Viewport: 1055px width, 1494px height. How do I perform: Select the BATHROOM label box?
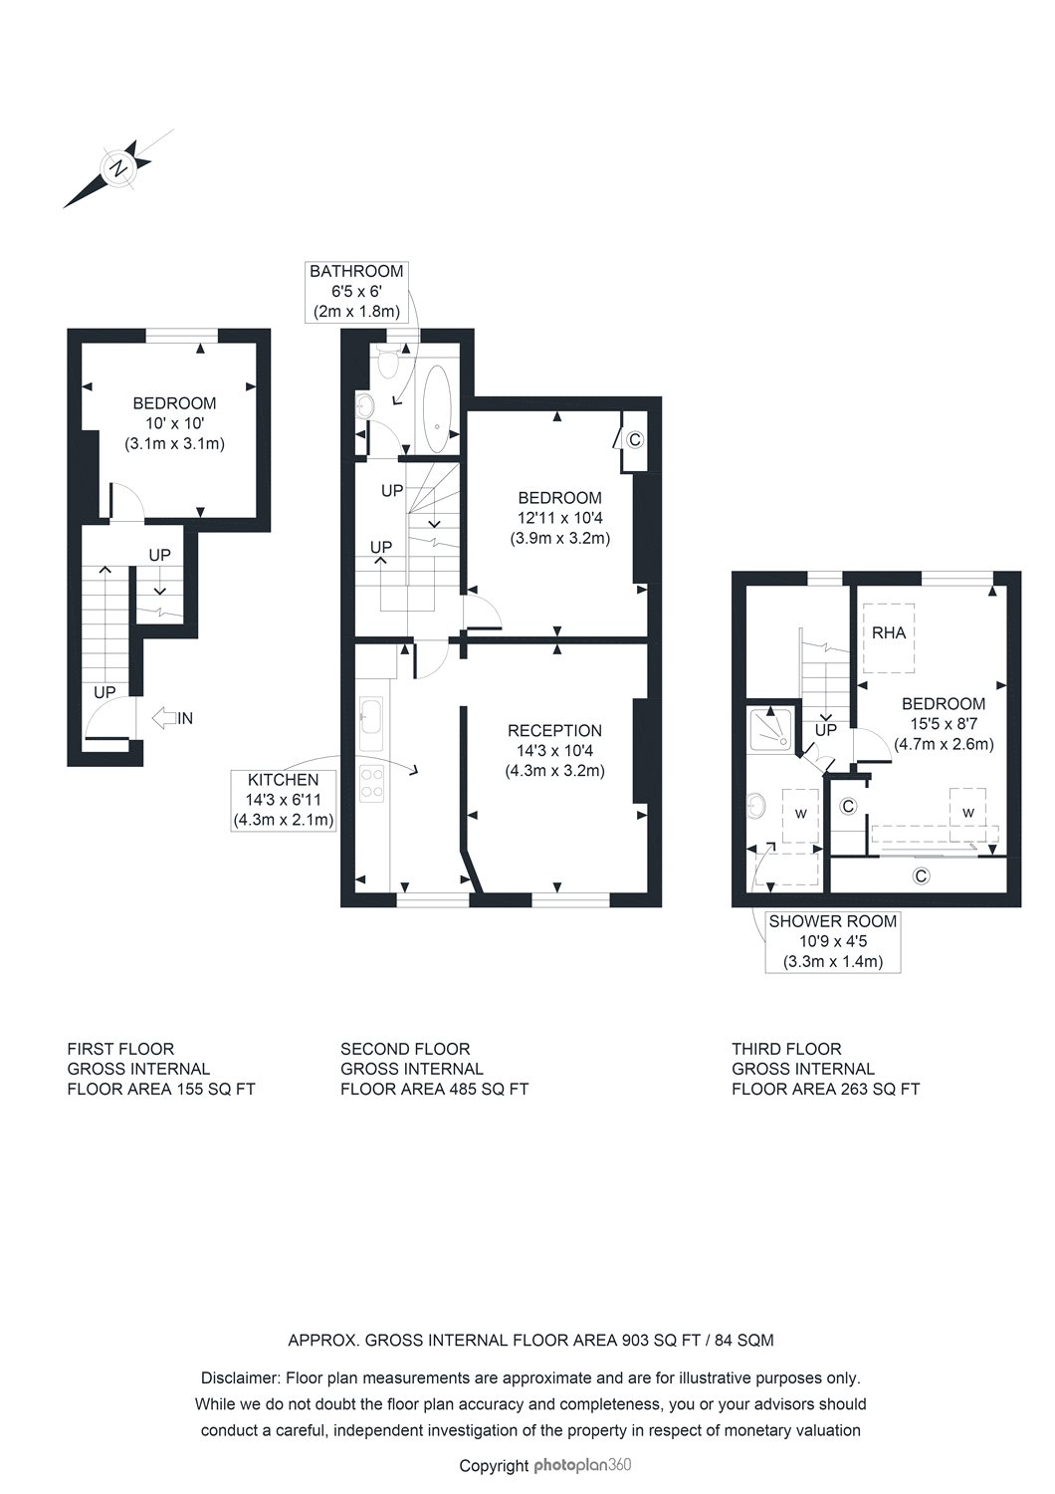355,291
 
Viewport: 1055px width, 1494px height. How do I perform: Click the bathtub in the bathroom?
437,408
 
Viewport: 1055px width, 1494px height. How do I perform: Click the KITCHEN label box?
284,800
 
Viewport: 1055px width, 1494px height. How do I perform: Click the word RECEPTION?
554,730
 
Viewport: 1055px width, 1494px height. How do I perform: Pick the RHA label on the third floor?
889,632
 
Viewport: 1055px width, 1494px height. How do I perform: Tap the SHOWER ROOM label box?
832,941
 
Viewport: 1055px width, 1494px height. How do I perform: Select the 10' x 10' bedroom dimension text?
174,423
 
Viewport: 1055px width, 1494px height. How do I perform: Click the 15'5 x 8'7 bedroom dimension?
944,723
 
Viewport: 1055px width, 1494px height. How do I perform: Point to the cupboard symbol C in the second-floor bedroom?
635,439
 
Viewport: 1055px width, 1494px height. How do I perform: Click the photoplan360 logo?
582,1465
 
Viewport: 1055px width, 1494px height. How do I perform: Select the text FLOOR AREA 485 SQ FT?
434,1089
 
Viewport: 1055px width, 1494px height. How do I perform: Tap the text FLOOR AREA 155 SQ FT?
160,1089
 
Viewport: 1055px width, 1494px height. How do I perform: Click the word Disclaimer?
241,1378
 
